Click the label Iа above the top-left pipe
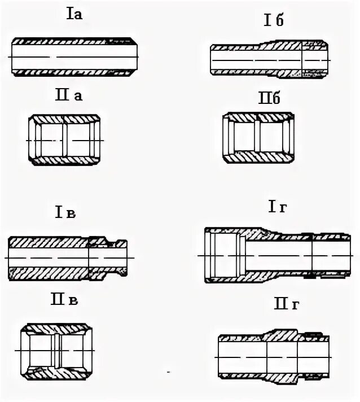(x=74, y=15)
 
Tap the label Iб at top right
(x=273, y=21)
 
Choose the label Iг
(x=277, y=208)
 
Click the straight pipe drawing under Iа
(x=74, y=56)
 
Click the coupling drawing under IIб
(x=259, y=138)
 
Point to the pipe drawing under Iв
(x=71, y=259)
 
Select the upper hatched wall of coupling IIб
(x=259, y=117)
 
